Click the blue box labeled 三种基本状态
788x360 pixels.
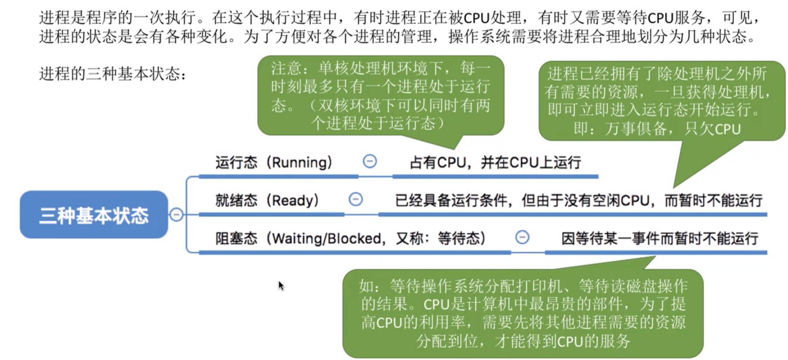coord(93,215)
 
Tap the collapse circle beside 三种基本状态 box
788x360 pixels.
coord(176,215)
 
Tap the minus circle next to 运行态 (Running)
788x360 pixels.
coord(370,161)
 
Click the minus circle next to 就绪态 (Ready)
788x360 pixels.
coord(356,200)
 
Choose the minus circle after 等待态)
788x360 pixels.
coord(522,237)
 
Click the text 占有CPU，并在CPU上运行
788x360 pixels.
coord(495,163)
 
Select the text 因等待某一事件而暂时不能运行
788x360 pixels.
coord(659,238)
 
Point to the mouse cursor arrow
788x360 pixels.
coord(280,285)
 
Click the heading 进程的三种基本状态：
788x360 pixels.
coord(113,74)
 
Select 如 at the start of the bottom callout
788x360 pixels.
coord(366,286)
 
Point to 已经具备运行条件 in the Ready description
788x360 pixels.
coord(451,200)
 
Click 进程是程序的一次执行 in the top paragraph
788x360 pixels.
coord(117,17)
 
